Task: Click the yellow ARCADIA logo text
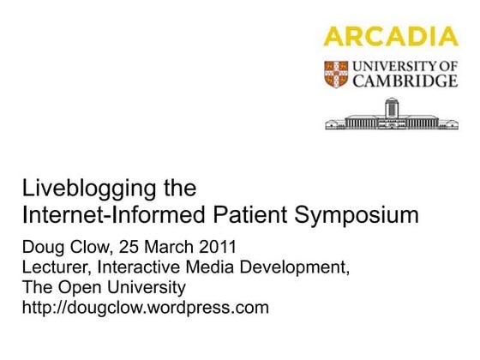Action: [x=391, y=36]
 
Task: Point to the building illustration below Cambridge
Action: [x=391, y=114]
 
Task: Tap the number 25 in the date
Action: [x=135, y=248]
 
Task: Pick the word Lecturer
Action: [x=56, y=267]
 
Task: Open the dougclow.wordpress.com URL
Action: [x=145, y=306]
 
